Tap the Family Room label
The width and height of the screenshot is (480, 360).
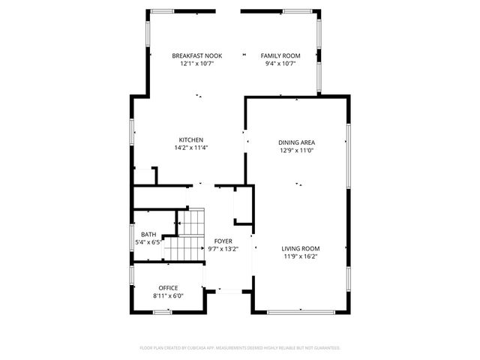280,56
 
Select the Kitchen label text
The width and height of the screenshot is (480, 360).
191,140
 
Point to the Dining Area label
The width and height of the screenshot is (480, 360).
296,142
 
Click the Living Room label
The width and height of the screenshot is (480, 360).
301,249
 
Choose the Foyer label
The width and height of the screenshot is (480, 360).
223,241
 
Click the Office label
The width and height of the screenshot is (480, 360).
169,288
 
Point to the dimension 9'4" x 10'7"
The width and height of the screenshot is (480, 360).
280,64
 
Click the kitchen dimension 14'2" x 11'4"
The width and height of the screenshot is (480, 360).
191,148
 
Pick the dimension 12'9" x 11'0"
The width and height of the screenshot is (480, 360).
296,150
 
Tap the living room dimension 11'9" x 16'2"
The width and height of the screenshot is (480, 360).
301,256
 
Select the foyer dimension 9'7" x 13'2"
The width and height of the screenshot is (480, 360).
223,249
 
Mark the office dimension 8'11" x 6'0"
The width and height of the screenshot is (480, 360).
169,295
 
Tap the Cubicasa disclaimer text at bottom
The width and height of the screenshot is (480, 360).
240,348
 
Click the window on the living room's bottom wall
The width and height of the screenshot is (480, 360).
300,311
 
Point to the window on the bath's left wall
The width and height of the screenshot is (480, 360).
132,240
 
